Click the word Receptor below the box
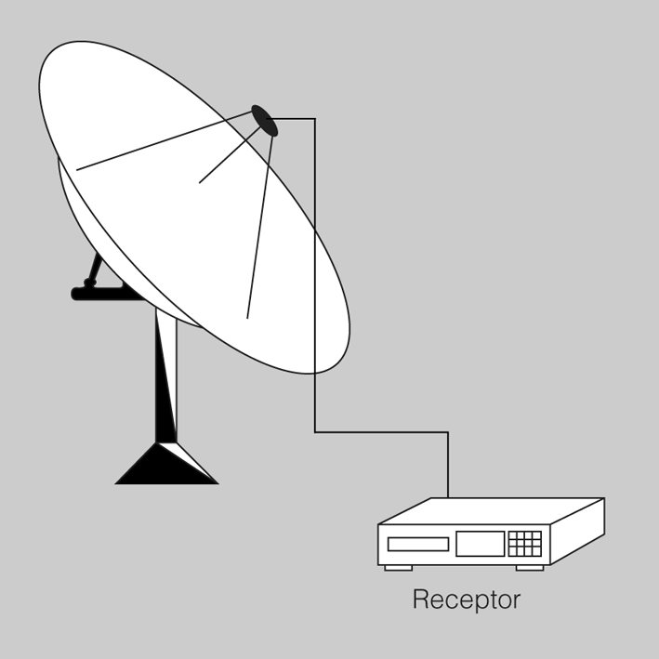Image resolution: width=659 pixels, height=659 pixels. pos(467,600)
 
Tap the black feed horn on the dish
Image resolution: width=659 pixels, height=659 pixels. pos(265,121)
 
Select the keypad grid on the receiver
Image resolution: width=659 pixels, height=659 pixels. pos(525,544)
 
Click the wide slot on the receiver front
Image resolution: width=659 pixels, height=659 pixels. pos(418,545)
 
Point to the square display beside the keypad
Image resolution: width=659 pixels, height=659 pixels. pos(481,544)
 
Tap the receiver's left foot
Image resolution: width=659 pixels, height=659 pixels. pos(399,568)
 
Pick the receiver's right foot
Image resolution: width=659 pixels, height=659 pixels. pos(530,568)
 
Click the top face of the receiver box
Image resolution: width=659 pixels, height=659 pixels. pos(492,511)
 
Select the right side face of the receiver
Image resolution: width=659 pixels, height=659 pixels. pos(578,532)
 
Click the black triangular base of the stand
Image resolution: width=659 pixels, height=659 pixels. pos(166,463)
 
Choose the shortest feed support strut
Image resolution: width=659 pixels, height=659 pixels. pos(230,153)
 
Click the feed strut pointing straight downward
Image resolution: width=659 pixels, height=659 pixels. pos(259,226)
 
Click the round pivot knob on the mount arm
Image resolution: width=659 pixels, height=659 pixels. pos(89,283)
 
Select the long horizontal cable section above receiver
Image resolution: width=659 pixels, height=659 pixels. pos(382,431)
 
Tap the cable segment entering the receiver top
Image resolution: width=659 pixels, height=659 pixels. pos(448,465)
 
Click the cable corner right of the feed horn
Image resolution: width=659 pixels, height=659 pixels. pos(315,119)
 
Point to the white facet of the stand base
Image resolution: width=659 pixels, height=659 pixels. pos(189,461)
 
